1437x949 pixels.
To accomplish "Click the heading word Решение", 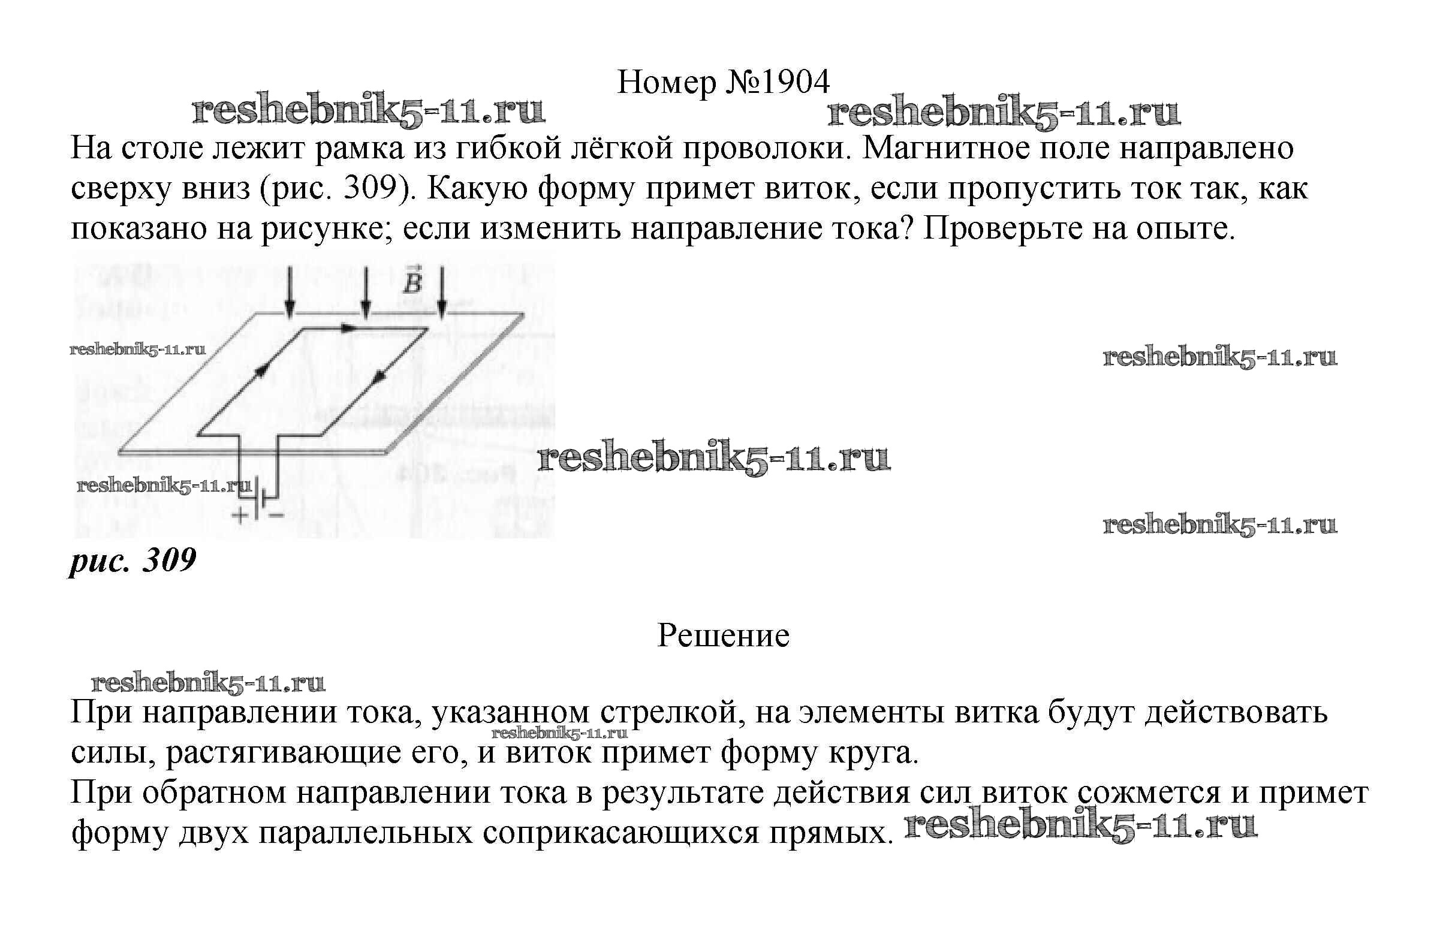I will coord(723,635).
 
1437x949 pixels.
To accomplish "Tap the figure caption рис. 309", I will coord(133,560).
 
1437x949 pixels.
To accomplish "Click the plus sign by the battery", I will coord(240,515).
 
